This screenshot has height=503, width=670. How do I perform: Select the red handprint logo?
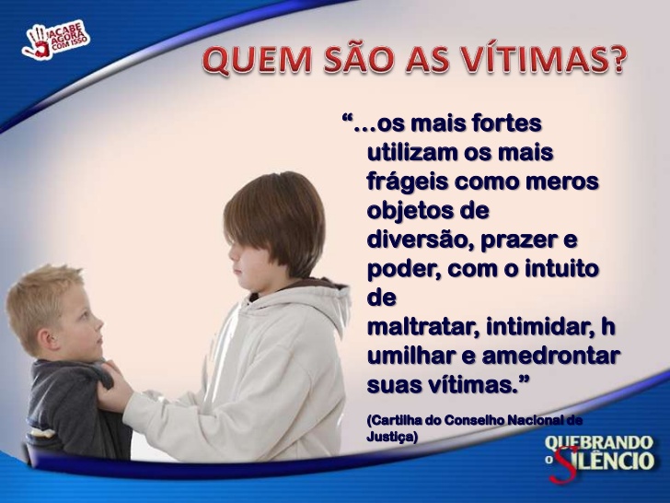coord(37,42)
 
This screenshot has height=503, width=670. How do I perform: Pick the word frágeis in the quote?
coord(407,182)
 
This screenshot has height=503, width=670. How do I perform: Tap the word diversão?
coord(420,240)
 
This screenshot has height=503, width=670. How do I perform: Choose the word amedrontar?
coord(550,357)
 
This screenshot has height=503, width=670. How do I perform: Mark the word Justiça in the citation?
coord(392,437)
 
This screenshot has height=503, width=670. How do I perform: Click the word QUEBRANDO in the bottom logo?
coord(599,443)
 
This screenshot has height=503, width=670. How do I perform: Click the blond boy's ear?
coord(45,335)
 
